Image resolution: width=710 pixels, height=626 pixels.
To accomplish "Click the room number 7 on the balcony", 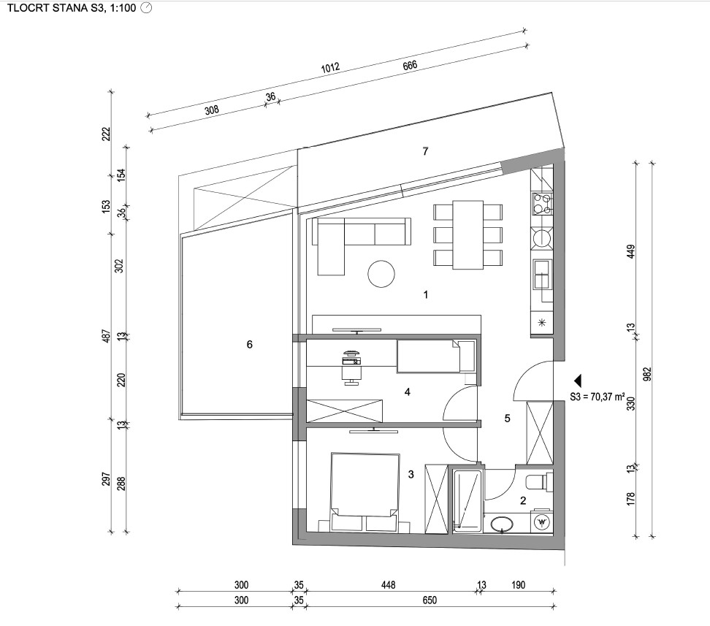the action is point(425,151).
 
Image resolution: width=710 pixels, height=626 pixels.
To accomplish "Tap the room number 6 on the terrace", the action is point(250,345).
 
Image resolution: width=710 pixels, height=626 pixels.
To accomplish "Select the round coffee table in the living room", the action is point(381,274).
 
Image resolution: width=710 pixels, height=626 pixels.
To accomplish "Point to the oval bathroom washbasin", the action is point(502,524).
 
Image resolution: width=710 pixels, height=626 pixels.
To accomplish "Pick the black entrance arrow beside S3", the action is point(577,381).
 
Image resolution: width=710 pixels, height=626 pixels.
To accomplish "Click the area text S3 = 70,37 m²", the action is point(598,397).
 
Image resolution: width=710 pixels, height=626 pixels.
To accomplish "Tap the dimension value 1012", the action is point(330,68).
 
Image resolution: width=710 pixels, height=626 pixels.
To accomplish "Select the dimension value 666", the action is point(410,65).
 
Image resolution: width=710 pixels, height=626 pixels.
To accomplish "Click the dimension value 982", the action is point(647,374).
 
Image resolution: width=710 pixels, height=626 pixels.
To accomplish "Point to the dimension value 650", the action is point(430,600).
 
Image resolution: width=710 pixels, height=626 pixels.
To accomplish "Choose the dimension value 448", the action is point(388,585).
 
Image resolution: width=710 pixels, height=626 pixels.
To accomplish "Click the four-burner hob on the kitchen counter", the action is point(542,203).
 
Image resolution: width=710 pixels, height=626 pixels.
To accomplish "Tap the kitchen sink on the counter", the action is point(542,275).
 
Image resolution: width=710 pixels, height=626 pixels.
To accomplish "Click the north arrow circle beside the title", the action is point(146,8).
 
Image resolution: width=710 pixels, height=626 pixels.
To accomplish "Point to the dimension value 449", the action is point(631,252).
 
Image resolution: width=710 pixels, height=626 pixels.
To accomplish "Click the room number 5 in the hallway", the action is point(507,419).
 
